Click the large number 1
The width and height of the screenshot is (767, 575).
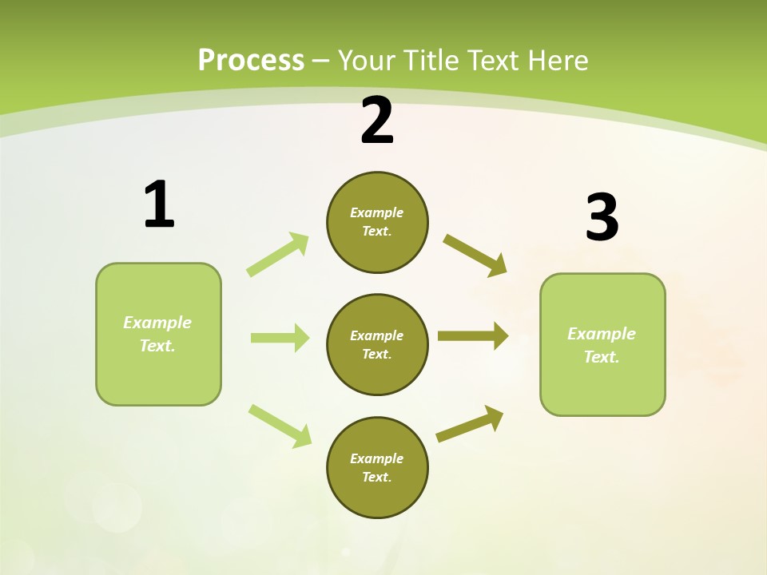[159, 205]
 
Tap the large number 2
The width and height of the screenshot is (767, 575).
[377, 121]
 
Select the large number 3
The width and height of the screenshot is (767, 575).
[602, 218]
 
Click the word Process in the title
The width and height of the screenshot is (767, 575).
[251, 60]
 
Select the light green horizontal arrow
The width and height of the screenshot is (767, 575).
[280, 338]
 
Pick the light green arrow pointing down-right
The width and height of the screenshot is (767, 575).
[280, 426]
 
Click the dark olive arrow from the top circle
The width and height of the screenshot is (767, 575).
[475, 256]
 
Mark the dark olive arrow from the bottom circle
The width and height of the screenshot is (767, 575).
[471, 423]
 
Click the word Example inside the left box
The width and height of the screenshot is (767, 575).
[157, 323]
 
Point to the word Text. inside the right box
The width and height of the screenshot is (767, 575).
[602, 357]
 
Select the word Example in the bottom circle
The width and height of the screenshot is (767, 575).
[376, 458]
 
